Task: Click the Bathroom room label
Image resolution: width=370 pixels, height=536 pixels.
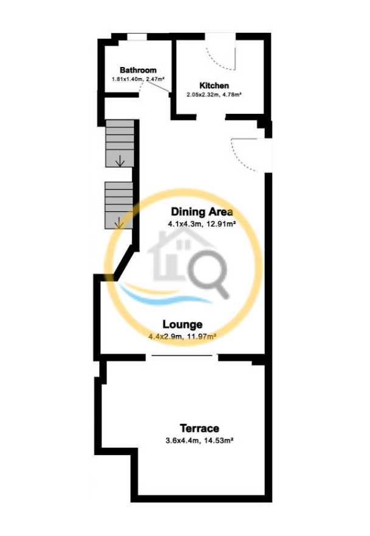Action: (x=138, y=70)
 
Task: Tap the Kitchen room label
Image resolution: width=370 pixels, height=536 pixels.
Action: (x=214, y=85)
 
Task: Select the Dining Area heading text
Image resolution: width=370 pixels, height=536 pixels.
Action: (x=202, y=211)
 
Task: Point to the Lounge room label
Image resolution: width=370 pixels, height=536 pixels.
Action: (x=183, y=325)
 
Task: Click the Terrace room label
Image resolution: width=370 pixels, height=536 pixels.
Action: (x=200, y=428)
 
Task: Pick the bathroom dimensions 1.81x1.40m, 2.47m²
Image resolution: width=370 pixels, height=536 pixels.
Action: (x=138, y=79)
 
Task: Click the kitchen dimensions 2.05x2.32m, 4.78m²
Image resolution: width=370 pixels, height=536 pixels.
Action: (x=214, y=94)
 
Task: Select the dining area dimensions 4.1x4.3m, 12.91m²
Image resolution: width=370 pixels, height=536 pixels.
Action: (x=202, y=224)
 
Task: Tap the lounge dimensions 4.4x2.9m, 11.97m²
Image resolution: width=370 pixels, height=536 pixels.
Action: (x=183, y=336)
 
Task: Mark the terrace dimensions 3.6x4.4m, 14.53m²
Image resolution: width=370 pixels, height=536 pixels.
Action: (x=200, y=440)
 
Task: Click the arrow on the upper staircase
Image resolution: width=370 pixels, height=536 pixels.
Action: (x=120, y=160)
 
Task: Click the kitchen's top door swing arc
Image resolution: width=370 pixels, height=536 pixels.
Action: (x=216, y=63)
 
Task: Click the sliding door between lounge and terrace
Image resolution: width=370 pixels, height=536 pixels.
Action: (x=182, y=356)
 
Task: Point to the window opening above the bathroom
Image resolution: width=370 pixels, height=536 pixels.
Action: (x=137, y=37)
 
